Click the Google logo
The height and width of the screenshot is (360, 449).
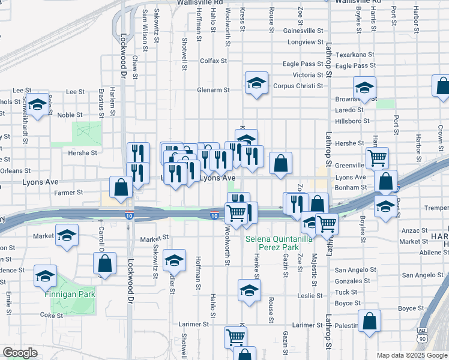pyautogui.click(x=20, y=353)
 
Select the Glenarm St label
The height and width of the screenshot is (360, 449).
pyautogui.click(x=214, y=91)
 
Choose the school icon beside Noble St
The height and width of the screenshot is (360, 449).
pyautogui.click(x=38, y=106)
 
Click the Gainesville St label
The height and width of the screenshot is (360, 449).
pyautogui.click(x=303, y=30)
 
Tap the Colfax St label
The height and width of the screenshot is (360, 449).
pyautogui.click(x=213, y=61)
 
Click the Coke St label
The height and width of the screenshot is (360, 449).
pyautogui.click(x=51, y=315)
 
